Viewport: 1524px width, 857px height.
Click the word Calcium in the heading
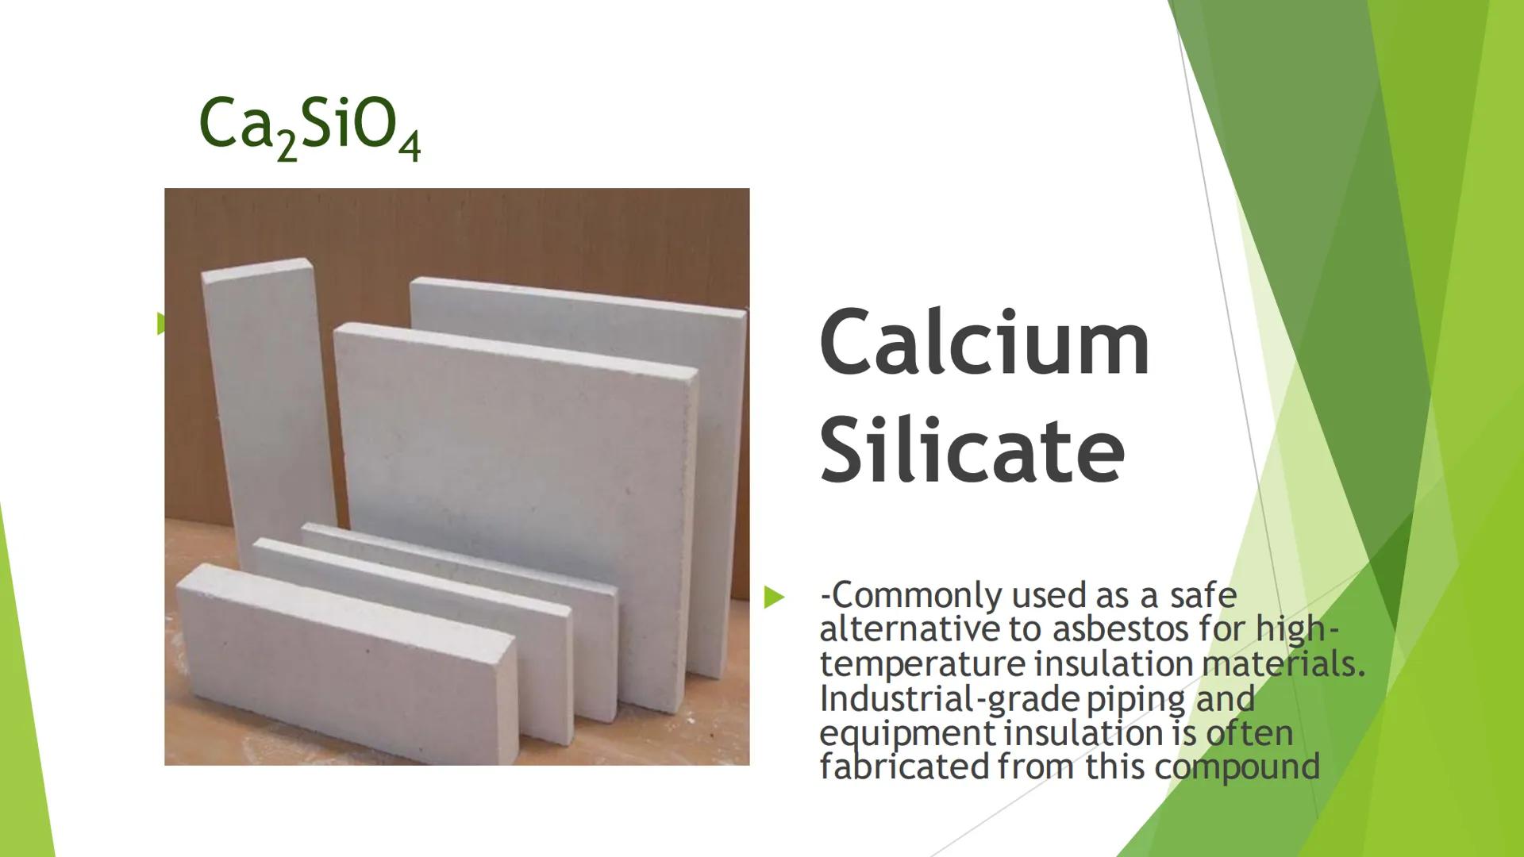tap(984, 343)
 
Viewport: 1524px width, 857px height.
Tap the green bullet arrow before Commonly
tap(774, 598)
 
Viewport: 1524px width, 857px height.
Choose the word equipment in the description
tap(906, 734)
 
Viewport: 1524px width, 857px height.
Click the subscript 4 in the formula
tap(410, 148)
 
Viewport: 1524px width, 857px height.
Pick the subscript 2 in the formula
tap(287, 148)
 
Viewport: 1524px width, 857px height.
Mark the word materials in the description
tap(1284, 664)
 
